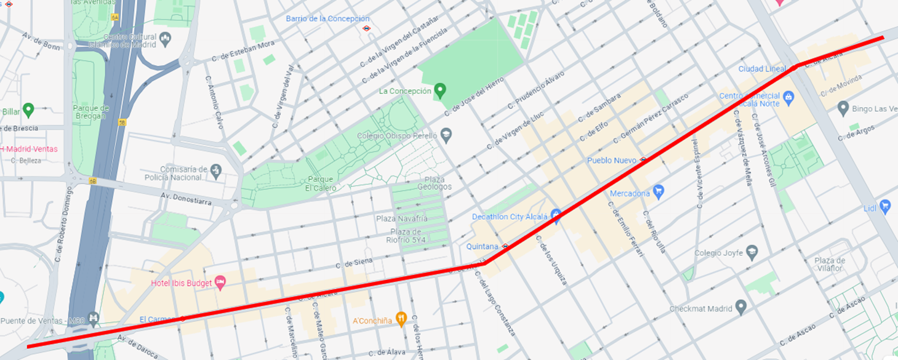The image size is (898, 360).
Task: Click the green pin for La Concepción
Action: pos(439,90)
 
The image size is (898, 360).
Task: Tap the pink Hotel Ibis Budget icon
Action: pos(220,282)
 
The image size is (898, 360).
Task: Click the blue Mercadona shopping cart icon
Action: pos(659,192)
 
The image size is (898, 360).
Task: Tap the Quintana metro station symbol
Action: pos(505,246)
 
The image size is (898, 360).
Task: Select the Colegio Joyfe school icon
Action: pos(751,252)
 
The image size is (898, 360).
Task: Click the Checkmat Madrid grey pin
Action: pos(741,306)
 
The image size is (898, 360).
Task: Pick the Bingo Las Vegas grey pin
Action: pos(843,108)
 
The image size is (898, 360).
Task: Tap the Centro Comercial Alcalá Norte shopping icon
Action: pos(788,96)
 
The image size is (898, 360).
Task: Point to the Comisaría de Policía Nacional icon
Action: pos(215,169)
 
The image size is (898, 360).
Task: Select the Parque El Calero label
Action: pos(320,183)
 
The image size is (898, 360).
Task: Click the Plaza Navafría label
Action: pos(401,218)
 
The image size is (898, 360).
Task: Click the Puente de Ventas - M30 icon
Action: pos(93,318)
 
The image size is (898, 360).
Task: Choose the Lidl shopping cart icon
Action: pos(885,207)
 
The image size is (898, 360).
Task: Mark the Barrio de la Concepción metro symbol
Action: pos(366,28)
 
